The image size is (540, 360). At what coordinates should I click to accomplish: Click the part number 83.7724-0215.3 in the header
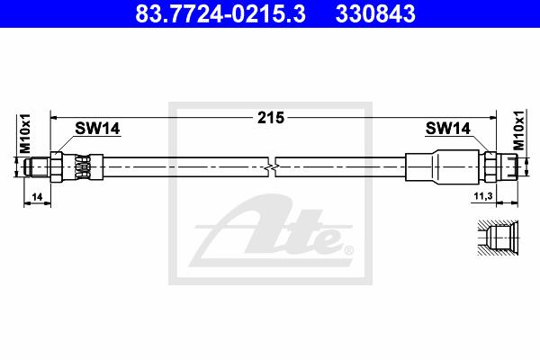(220, 13)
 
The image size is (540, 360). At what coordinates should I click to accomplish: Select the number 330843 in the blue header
(375, 13)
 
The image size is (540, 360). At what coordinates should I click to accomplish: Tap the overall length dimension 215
(271, 118)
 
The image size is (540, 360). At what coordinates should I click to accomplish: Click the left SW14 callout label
(97, 129)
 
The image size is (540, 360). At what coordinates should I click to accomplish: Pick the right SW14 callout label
(447, 129)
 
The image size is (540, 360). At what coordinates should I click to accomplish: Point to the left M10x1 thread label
(25, 133)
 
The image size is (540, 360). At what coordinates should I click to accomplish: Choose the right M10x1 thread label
(518, 130)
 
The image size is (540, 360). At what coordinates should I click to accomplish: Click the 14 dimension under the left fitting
(37, 197)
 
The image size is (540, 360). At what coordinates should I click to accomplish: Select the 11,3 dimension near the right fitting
(483, 196)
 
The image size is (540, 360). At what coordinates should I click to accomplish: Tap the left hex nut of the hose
(56, 166)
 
